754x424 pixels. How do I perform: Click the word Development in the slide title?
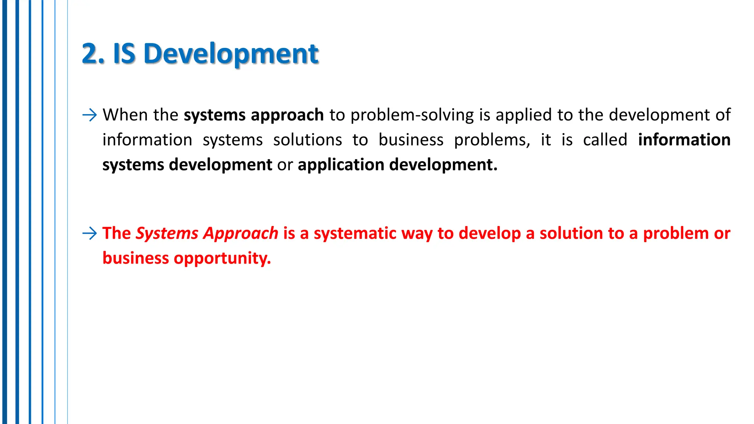231,54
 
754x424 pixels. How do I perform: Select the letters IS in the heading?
124,54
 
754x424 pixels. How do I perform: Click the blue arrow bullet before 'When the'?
89,115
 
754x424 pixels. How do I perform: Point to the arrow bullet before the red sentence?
89,233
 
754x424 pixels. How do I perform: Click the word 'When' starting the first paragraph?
125,115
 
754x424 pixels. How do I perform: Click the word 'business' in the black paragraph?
411,140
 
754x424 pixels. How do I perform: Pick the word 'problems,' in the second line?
492,140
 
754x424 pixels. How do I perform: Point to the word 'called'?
605,140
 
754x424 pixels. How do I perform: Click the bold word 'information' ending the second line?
684,140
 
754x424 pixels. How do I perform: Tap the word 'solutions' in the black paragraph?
307,140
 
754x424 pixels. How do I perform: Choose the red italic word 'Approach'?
241,234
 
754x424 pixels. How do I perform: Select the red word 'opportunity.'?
222,259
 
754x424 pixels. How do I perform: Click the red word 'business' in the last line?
135,258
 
